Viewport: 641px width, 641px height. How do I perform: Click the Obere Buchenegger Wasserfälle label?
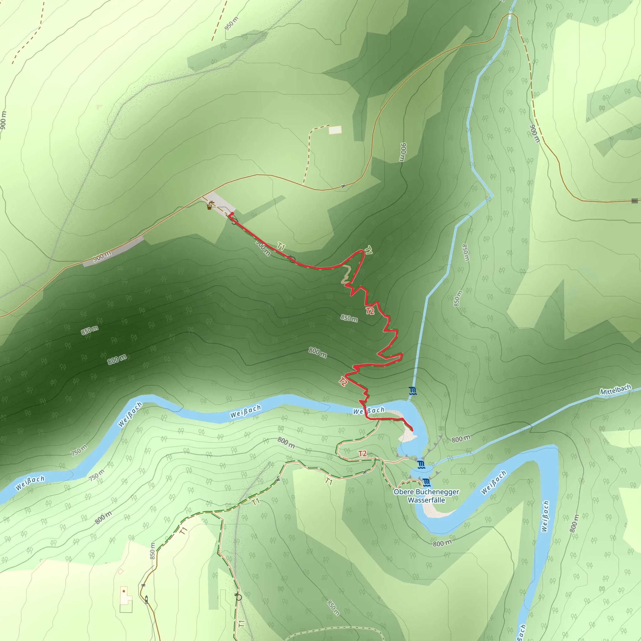click(x=426, y=496)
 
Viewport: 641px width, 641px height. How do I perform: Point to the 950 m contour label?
click(x=231, y=23)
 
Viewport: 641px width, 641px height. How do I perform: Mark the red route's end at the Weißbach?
click(x=412, y=430)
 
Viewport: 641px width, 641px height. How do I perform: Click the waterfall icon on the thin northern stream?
click(x=413, y=391)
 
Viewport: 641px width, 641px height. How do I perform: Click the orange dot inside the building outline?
click(x=124, y=591)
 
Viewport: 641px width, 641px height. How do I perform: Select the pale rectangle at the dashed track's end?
click(x=335, y=130)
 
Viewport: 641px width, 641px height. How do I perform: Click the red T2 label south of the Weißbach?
click(x=362, y=454)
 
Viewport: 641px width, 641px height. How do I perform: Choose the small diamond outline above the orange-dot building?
click(x=121, y=571)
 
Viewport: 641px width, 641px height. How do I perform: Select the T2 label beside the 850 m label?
click(x=370, y=311)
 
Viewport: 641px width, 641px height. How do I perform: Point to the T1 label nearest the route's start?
click(x=281, y=247)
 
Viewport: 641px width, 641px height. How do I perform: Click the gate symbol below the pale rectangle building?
click(x=343, y=186)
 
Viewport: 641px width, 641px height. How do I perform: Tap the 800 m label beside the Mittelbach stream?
click(x=461, y=439)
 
